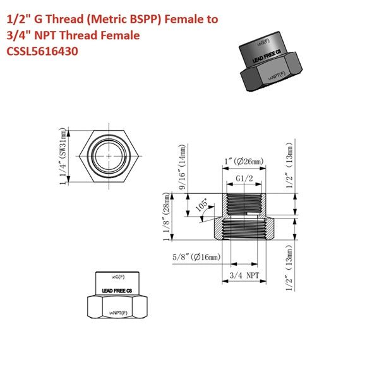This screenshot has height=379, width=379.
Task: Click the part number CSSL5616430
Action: [42, 52]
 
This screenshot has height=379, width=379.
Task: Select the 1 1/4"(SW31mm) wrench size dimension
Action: [62, 156]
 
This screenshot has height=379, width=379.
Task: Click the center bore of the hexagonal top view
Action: [109, 155]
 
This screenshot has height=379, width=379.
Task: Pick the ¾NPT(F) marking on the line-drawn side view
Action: [117, 313]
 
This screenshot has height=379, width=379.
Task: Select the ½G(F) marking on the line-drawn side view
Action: [117, 277]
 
